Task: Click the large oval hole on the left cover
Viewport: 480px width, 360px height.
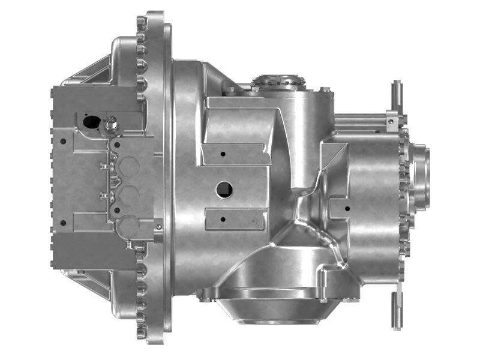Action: [x=92, y=121]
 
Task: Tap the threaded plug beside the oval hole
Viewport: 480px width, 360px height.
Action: [x=111, y=125]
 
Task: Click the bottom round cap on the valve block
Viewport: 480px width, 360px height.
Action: [x=128, y=226]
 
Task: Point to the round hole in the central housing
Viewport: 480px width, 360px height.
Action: [x=224, y=190]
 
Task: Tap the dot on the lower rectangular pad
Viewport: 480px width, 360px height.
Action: [x=223, y=218]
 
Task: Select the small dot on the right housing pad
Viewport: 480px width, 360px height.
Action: [x=348, y=209]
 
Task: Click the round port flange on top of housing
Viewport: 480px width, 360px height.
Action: [x=278, y=81]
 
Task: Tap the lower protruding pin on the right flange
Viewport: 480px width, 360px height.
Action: [x=397, y=309]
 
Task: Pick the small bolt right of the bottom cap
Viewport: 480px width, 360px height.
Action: [x=158, y=227]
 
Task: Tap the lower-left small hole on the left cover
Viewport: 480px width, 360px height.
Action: [x=62, y=223]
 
